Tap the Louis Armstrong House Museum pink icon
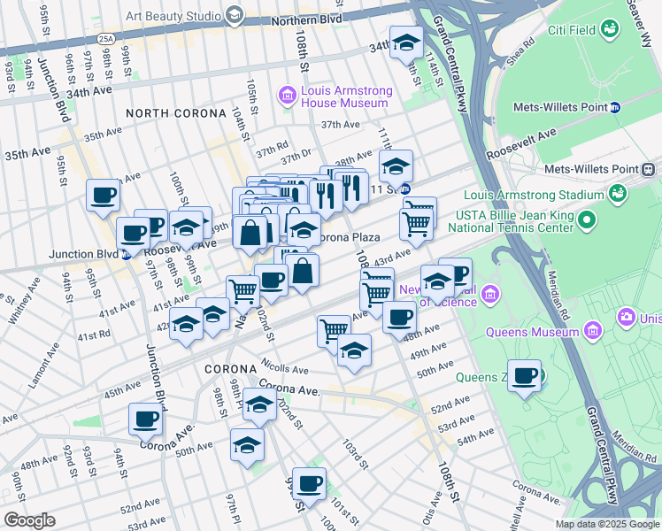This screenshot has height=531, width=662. (x=287, y=95)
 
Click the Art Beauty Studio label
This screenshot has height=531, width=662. (x=173, y=14)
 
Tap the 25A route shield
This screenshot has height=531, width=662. (x=106, y=39)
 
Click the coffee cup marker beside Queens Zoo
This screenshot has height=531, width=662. (x=525, y=375)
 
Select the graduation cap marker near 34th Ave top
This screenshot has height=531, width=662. (x=406, y=42)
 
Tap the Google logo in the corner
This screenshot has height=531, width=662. (x=29, y=520)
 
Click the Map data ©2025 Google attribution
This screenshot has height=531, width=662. (x=607, y=524)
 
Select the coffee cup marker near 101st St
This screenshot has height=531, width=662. (x=309, y=483)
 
